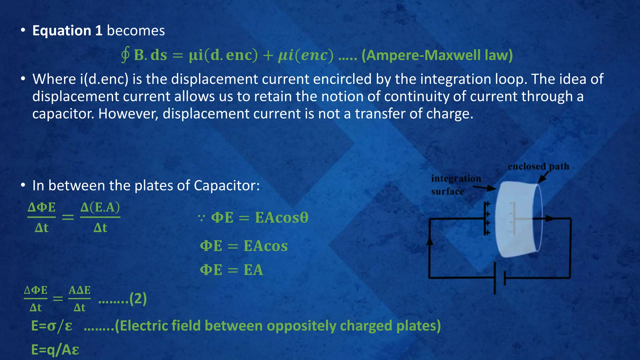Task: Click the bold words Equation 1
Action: click(67, 31)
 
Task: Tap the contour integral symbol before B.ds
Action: click(125, 55)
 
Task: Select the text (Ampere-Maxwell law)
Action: click(437, 55)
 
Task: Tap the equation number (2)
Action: click(138, 299)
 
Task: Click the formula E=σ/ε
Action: click(52, 326)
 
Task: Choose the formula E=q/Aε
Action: click(55, 350)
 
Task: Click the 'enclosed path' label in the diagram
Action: click(538, 166)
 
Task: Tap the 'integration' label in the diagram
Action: click(456, 178)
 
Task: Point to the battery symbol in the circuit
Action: click(499, 278)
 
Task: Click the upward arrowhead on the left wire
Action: click(430, 241)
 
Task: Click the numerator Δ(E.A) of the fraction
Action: click(100, 207)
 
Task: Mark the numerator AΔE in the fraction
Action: click(79, 290)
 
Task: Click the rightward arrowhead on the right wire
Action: click(549, 218)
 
